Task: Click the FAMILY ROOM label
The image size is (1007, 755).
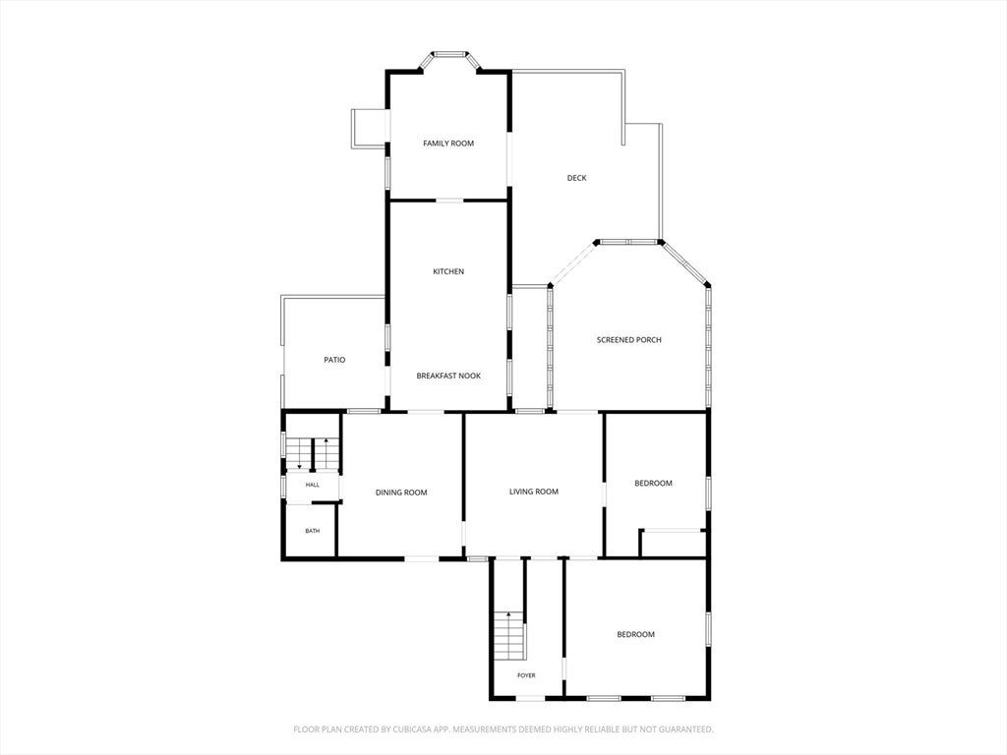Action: click(x=448, y=144)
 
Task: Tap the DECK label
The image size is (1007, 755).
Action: click(x=576, y=178)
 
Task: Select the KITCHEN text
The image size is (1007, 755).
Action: click(x=448, y=271)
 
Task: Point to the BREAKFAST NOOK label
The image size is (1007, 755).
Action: click(x=448, y=376)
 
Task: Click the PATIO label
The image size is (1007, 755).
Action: click(x=334, y=360)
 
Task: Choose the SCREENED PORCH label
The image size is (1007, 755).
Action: click(x=628, y=339)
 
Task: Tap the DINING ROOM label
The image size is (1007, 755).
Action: click(x=401, y=493)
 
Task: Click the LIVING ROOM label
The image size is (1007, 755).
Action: click(x=534, y=492)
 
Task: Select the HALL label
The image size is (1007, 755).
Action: click(x=312, y=485)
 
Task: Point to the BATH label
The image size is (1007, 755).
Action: click(x=312, y=531)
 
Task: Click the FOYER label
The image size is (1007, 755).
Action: click(x=526, y=675)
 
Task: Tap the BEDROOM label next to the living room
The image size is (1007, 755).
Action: click(x=653, y=484)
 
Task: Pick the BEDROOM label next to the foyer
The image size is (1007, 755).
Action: click(x=636, y=634)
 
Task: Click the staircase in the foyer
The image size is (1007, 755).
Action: click(x=510, y=635)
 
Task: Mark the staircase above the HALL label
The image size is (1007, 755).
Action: click(x=312, y=453)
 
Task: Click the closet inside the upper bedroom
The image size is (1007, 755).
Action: click(x=673, y=543)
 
